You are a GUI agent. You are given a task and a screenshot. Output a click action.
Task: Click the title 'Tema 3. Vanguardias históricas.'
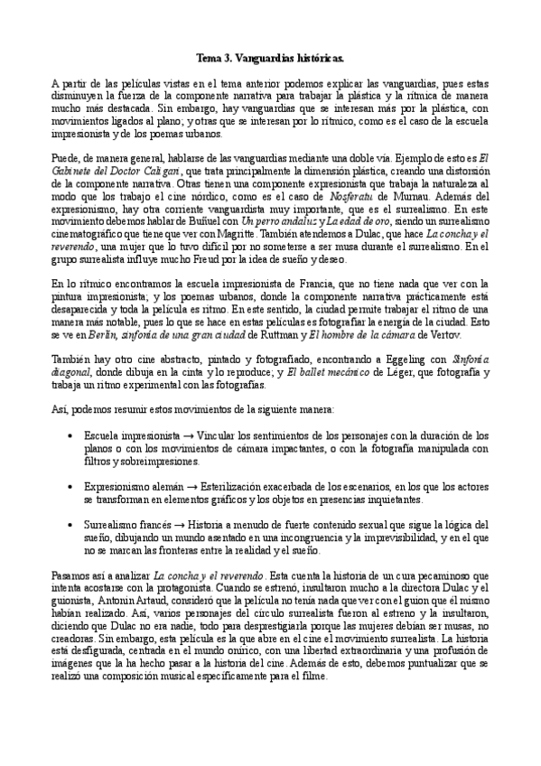click(x=270, y=57)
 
